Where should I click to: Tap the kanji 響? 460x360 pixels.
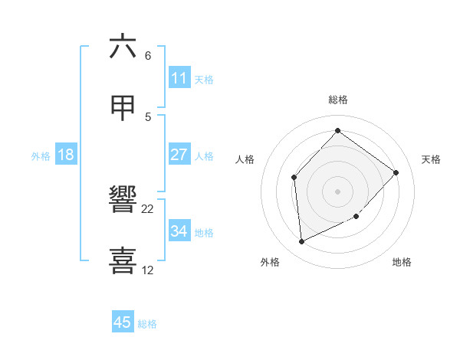click(x=123, y=201)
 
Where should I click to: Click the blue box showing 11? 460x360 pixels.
click(x=179, y=78)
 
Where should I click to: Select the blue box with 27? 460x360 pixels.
click(x=179, y=155)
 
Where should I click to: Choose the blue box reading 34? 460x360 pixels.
click(x=179, y=231)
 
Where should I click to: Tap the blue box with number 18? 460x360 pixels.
click(x=66, y=155)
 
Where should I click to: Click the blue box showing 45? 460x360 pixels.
click(x=123, y=322)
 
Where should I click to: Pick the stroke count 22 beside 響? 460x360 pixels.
click(x=148, y=208)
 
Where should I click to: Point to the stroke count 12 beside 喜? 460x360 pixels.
click(x=148, y=270)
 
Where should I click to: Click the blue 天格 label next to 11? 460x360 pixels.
click(x=204, y=79)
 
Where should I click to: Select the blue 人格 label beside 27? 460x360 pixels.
click(x=204, y=155)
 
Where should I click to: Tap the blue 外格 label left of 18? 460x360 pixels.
click(x=41, y=155)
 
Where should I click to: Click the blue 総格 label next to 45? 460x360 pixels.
click(x=147, y=323)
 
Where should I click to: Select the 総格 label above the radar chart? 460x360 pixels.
click(x=337, y=100)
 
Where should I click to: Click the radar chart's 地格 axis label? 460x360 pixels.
click(x=402, y=262)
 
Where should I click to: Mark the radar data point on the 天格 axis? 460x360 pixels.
click(x=396, y=172)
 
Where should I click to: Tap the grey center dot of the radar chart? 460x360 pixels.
click(x=337, y=191)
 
